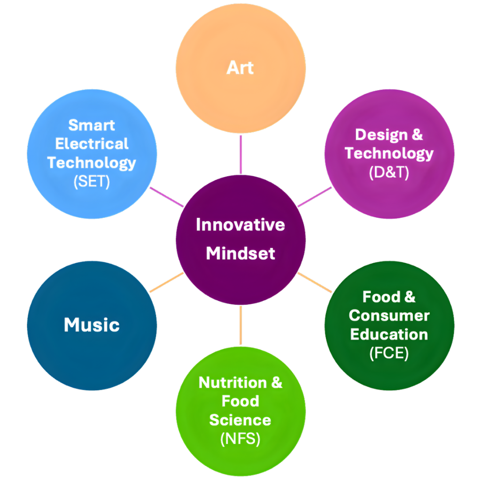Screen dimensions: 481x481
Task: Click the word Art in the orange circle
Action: (x=240, y=68)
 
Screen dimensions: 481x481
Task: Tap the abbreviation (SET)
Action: (x=92, y=181)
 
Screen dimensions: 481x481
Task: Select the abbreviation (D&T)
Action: (x=389, y=172)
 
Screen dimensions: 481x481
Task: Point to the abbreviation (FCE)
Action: (x=389, y=353)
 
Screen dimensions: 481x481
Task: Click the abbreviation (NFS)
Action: (x=240, y=439)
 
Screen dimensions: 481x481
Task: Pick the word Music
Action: (x=92, y=325)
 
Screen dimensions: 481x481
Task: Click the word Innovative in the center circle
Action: (x=240, y=225)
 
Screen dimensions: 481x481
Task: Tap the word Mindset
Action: (x=240, y=254)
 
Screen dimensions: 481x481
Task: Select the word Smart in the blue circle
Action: (x=92, y=125)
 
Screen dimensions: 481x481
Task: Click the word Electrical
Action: (x=92, y=144)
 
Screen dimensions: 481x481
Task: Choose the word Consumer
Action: (x=389, y=315)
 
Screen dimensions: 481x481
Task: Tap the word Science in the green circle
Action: (x=240, y=419)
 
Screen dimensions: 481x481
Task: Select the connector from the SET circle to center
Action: (x=166, y=197)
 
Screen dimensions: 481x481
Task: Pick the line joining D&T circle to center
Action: (x=314, y=197)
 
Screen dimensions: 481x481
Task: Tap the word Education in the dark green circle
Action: (x=389, y=334)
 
